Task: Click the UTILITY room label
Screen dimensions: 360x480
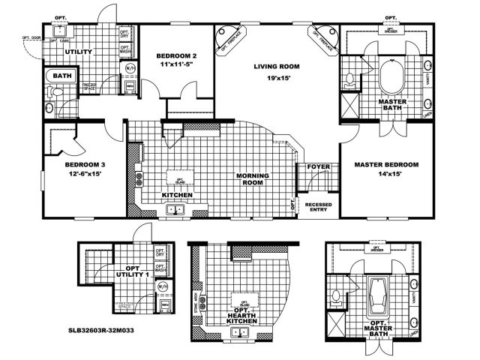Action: pyautogui.click(x=78, y=52)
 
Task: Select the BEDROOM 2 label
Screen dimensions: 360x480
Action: pyautogui.click(x=176, y=57)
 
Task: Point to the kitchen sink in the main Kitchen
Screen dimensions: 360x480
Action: pyautogui.click(x=177, y=211)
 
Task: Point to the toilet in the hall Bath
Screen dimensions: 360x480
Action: pyautogui.click(x=52, y=97)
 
